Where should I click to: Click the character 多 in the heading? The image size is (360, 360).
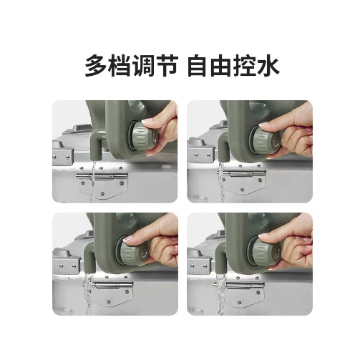(96, 66)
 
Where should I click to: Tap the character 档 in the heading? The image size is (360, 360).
(120, 66)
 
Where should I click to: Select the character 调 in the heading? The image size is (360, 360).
(142, 66)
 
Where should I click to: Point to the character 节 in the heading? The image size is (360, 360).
(166, 66)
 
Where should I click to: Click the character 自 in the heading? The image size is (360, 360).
(198, 66)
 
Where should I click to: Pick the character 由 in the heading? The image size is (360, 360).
(221, 66)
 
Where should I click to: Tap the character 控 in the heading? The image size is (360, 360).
(244, 66)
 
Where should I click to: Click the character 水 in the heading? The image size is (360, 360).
(268, 66)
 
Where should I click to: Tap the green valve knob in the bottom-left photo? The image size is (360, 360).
(135, 253)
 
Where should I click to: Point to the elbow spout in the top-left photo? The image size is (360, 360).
(97, 143)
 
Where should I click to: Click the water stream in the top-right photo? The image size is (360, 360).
(222, 183)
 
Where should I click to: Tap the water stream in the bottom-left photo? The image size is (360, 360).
(89, 294)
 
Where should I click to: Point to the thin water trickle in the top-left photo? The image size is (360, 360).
(93, 181)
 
